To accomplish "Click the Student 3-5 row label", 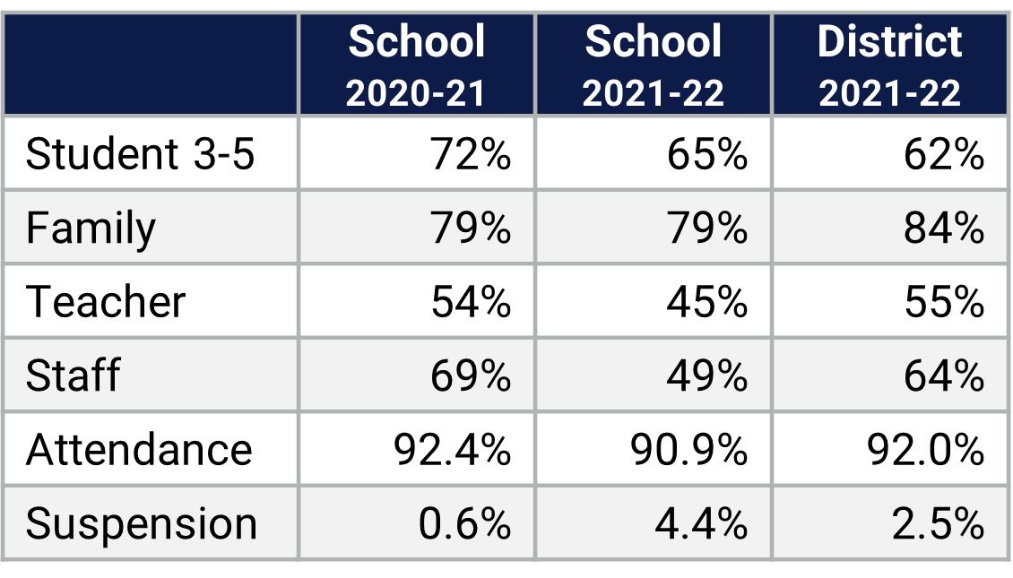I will coord(141,154).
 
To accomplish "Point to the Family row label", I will coord(91,228).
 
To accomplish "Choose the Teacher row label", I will coord(106,301).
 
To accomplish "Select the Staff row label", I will coord(73,375).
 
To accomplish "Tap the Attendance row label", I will coord(139,449).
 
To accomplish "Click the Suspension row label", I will coord(142,523).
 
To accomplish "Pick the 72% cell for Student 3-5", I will coord(471,154).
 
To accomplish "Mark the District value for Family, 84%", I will coord(943,228).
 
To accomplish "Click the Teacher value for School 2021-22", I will coord(706,301).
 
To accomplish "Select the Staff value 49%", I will coord(706,375).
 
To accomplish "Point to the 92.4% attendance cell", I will coord(452,449).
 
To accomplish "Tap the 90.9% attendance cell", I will coord(688,449).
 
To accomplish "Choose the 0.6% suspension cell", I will coord(464,523).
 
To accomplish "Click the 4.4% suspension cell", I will coord(701,523).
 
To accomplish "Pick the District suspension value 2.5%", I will coord(938,523).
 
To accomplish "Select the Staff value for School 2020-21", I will coord(471,375).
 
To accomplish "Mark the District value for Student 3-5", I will coord(943,154).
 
